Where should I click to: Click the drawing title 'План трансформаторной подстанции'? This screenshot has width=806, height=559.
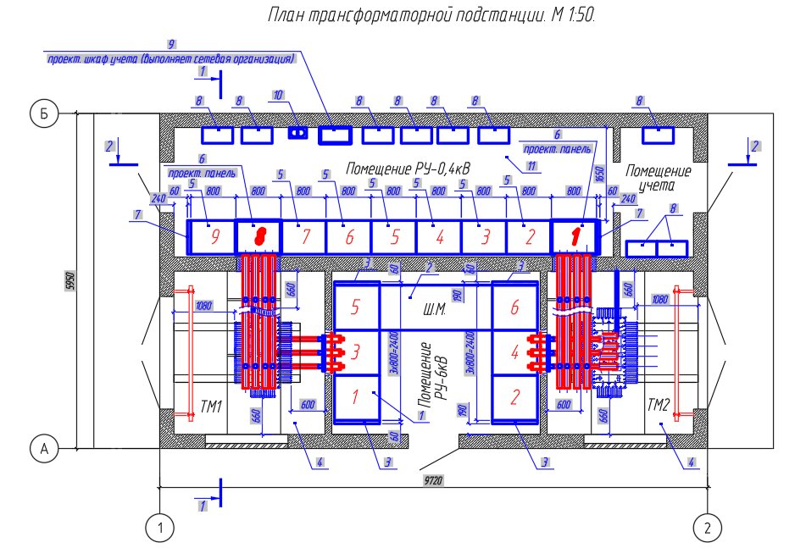[x=432, y=15]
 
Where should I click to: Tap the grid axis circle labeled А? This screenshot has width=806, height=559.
[x=41, y=450]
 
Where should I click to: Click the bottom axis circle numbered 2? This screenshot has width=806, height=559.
[x=707, y=528]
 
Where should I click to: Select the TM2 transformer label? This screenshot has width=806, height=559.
[x=659, y=406]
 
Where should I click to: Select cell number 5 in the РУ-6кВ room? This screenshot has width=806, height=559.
[x=356, y=306]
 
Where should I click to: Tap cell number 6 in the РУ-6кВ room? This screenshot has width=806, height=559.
[x=514, y=308]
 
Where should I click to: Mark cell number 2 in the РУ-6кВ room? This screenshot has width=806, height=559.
[x=514, y=396]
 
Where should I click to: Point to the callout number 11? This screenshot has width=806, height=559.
[x=532, y=166]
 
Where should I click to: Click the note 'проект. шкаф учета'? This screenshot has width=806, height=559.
[x=170, y=59]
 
